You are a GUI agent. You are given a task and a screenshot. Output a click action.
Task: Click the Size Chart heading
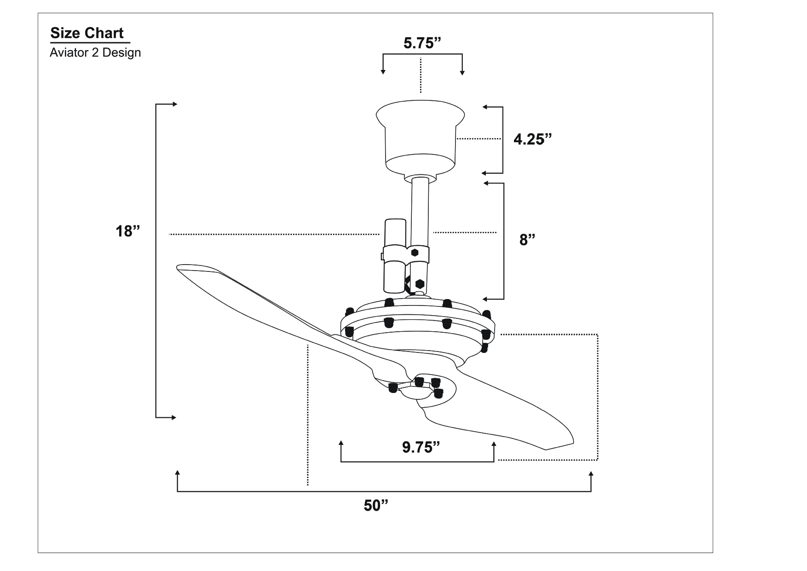point(87,33)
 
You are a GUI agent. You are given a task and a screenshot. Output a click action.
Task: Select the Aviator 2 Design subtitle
point(95,53)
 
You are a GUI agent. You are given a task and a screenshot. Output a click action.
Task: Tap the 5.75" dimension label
point(422,43)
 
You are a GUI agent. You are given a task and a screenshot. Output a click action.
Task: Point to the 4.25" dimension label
point(532,139)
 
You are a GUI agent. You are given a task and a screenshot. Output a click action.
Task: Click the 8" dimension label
point(527,239)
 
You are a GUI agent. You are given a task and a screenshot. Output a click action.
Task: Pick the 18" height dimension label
point(127,231)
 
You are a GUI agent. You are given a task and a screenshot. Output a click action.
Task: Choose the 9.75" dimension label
point(421,447)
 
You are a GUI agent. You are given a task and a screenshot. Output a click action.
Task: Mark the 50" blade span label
point(376,505)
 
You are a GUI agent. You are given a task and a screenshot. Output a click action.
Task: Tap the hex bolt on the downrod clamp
point(415,253)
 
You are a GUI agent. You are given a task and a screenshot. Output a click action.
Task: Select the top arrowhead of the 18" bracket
point(174,104)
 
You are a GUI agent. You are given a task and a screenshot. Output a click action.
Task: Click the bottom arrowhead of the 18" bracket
point(173,417)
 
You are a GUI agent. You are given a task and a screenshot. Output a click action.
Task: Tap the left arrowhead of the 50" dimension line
point(178,473)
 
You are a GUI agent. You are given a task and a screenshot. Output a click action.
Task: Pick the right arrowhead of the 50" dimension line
point(591,474)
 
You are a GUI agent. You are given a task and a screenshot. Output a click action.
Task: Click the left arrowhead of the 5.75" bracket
point(382,72)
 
